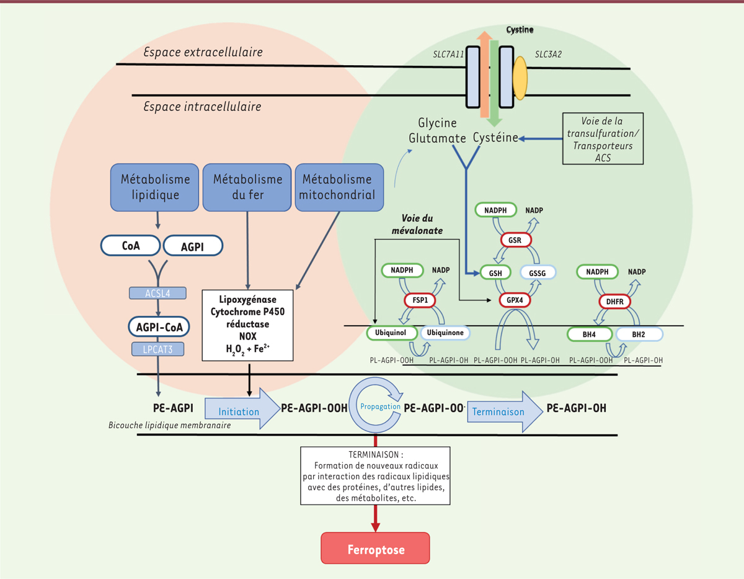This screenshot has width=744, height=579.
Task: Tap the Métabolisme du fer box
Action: [x=247, y=187]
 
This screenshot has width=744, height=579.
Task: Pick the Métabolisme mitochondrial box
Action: [x=338, y=187]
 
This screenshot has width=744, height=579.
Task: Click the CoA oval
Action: [x=130, y=246]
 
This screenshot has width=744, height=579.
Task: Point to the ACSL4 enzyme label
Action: [x=158, y=293]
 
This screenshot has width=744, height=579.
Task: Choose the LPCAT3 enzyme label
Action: [x=158, y=349]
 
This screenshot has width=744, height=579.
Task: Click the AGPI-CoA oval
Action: [x=159, y=326]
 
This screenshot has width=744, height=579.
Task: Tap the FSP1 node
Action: [x=420, y=300]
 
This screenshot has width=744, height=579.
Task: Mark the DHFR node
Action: [x=614, y=302]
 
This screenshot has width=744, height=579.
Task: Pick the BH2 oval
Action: [x=639, y=334]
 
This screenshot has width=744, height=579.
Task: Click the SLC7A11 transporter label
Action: [x=449, y=55]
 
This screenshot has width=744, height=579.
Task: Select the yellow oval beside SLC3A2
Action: [x=520, y=78]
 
